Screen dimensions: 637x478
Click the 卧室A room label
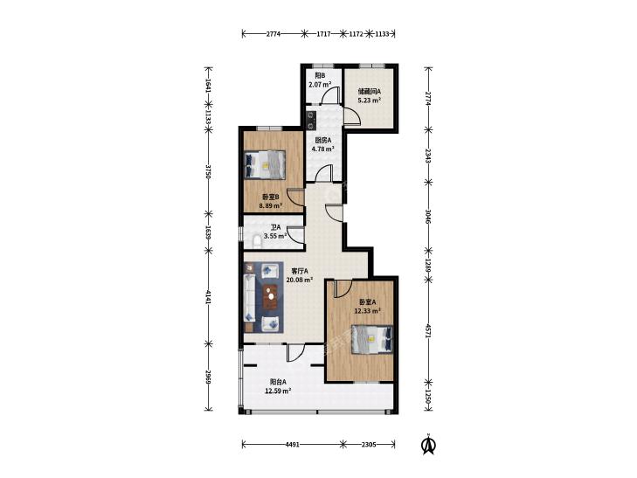point(367,302)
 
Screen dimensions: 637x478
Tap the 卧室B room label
point(270,197)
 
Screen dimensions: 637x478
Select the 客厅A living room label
point(300,271)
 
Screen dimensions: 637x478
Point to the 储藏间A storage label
point(369,92)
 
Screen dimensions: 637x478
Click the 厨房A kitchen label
point(323,140)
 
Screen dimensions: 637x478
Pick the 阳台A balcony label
point(278,382)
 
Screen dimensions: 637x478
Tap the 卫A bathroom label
point(276,227)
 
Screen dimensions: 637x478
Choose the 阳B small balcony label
point(320,75)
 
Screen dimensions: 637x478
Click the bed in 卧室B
point(264,164)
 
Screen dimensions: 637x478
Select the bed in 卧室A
point(372,339)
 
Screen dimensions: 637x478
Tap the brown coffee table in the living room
point(271,296)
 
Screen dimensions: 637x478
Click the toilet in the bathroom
point(257,241)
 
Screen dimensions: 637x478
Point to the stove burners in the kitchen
point(311,119)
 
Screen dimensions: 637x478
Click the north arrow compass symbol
point(428,444)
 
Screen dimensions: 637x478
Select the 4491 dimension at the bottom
point(293,444)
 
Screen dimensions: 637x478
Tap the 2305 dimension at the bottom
point(369,444)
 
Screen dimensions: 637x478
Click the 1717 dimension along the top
point(323,34)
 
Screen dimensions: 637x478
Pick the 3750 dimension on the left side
point(208,171)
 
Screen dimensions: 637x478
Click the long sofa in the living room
point(249,298)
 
